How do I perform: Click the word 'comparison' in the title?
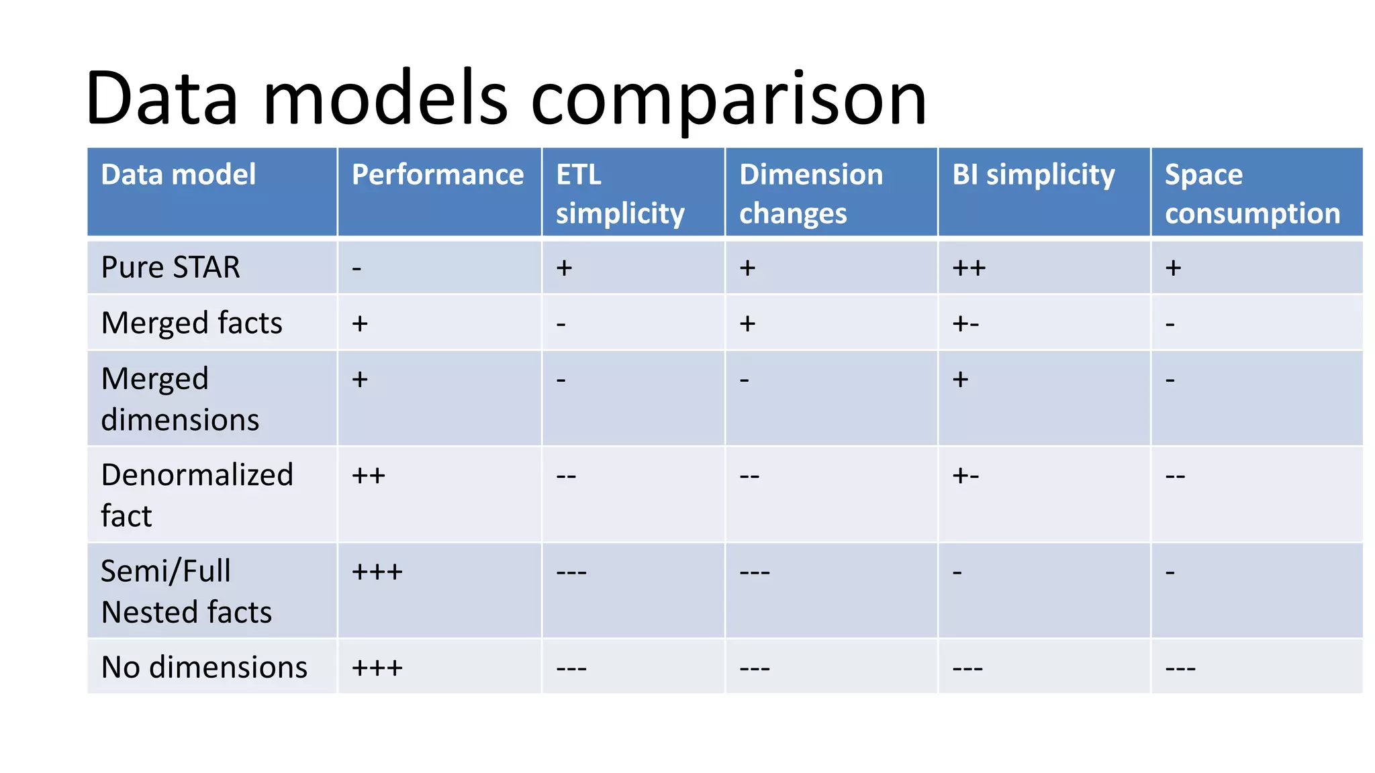[x=728, y=99]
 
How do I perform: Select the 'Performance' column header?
[x=438, y=174]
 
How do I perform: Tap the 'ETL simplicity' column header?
[x=620, y=193]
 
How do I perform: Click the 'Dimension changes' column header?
[x=811, y=193]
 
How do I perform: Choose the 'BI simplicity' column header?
[x=1033, y=174]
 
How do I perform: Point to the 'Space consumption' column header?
[x=1252, y=193]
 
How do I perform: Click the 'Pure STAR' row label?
[x=171, y=267]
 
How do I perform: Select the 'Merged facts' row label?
[x=191, y=323]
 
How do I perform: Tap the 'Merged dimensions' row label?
[x=180, y=399]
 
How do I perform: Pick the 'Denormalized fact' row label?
[x=197, y=495]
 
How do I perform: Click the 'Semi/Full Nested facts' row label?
[x=186, y=591]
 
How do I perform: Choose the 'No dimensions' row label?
[x=204, y=667]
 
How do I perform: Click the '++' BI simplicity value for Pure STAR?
[x=969, y=268]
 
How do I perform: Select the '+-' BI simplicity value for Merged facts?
[x=965, y=323]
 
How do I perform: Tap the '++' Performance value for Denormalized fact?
[x=369, y=476]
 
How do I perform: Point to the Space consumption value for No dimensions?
[x=1180, y=668]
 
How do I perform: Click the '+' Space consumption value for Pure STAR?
[x=1173, y=268]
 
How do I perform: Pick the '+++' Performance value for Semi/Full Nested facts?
[x=377, y=572]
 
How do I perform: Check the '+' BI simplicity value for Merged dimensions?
[x=960, y=379]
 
